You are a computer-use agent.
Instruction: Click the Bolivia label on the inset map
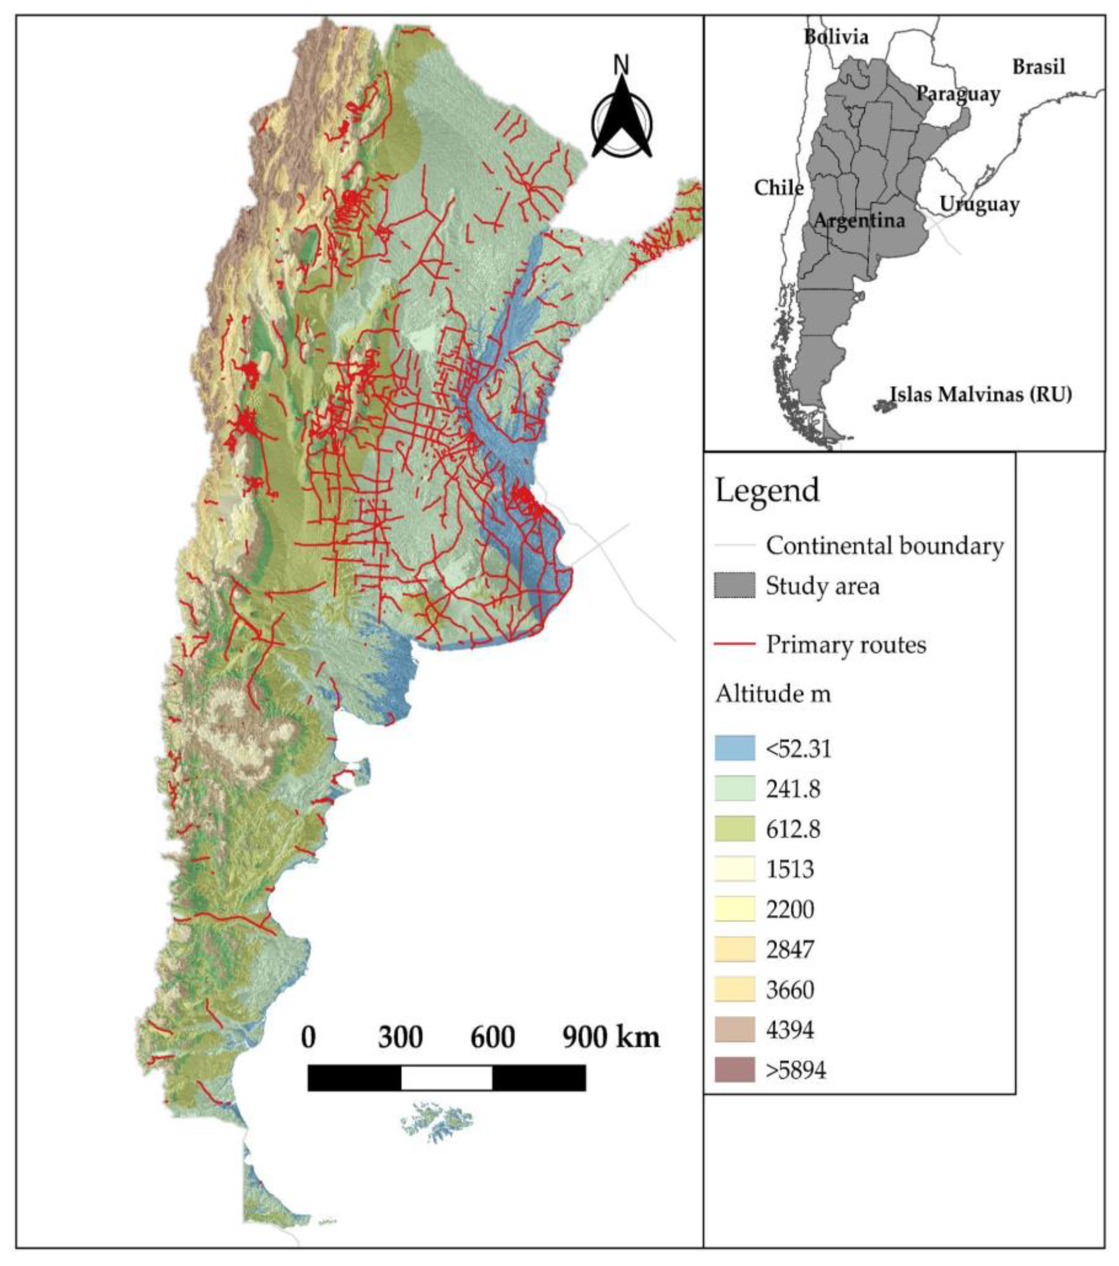(836, 37)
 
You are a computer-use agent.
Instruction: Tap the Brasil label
(1038, 66)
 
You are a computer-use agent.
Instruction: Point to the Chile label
(778, 188)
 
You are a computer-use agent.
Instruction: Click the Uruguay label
(979, 204)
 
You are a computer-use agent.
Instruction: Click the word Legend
(767, 490)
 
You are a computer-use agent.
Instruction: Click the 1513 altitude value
(790, 869)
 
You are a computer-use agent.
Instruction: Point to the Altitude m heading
(773, 694)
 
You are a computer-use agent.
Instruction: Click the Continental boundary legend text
(884, 546)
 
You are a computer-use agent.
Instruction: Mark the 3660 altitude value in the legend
(790, 990)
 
